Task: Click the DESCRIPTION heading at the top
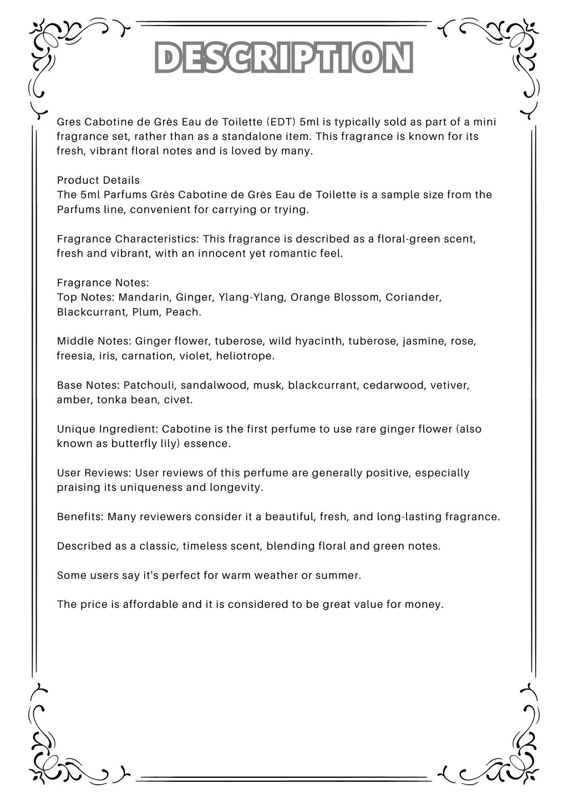[284, 57]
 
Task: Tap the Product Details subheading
[98, 180]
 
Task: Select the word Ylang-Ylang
[252, 297]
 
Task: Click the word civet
[180, 399]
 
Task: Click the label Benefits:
[80, 516]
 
